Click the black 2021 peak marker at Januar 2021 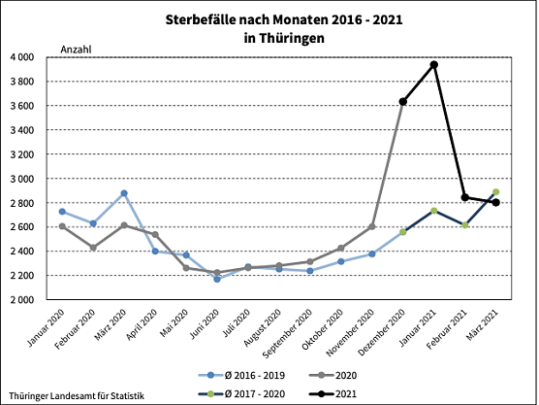tap(434, 65)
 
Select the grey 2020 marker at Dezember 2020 tap(403, 102)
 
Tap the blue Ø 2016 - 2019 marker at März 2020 tap(124, 193)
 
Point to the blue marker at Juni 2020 tap(217, 279)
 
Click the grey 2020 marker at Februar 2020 tap(93, 248)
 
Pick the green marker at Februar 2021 tap(465, 225)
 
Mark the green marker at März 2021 tap(496, 192)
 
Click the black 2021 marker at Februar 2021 tap(465, 197)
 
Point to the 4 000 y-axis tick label tap(23, 57)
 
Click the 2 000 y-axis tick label tap(23, 300)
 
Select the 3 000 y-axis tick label tap(23, 179)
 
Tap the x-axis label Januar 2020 tap(45, 330)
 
